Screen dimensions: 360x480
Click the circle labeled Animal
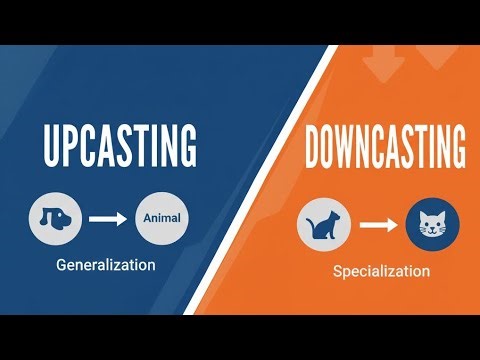[161, 217]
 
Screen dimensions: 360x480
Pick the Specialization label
[382, 271]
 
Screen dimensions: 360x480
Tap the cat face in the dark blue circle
[433, 226]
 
